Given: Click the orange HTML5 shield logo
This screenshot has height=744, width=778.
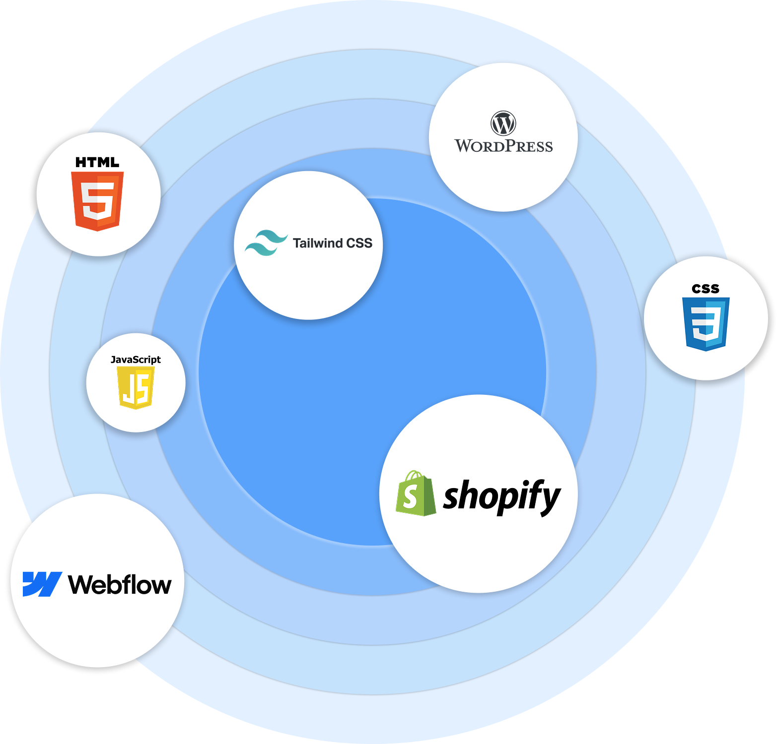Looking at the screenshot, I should [x=97, y=201].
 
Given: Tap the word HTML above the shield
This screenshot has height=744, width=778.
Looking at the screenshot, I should [x=97, y=162].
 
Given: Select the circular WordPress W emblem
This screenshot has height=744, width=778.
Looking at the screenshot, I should [x=503, y=123].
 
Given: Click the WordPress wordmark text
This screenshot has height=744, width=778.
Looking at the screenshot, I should [x=503, y=146].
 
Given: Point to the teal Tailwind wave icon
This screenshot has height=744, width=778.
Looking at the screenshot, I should [x=266, y=243].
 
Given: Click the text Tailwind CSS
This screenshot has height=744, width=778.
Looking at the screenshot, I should [x=332, y=243].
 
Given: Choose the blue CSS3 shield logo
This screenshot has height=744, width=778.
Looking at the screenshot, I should [x=706, y=324].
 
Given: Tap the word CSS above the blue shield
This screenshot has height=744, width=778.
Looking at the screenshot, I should [x=706, y=289].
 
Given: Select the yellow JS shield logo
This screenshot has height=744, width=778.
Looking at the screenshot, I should [x=136, y=387].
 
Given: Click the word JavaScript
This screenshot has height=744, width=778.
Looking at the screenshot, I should [x=136, y=360].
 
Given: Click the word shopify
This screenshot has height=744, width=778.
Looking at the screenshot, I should [x=501, y=496].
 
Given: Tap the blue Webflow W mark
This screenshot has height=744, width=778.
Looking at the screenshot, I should [x=42, y=584].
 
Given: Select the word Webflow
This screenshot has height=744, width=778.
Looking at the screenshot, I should [x=120, y=585].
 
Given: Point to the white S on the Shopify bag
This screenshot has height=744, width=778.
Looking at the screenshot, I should [x=410, y=497].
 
